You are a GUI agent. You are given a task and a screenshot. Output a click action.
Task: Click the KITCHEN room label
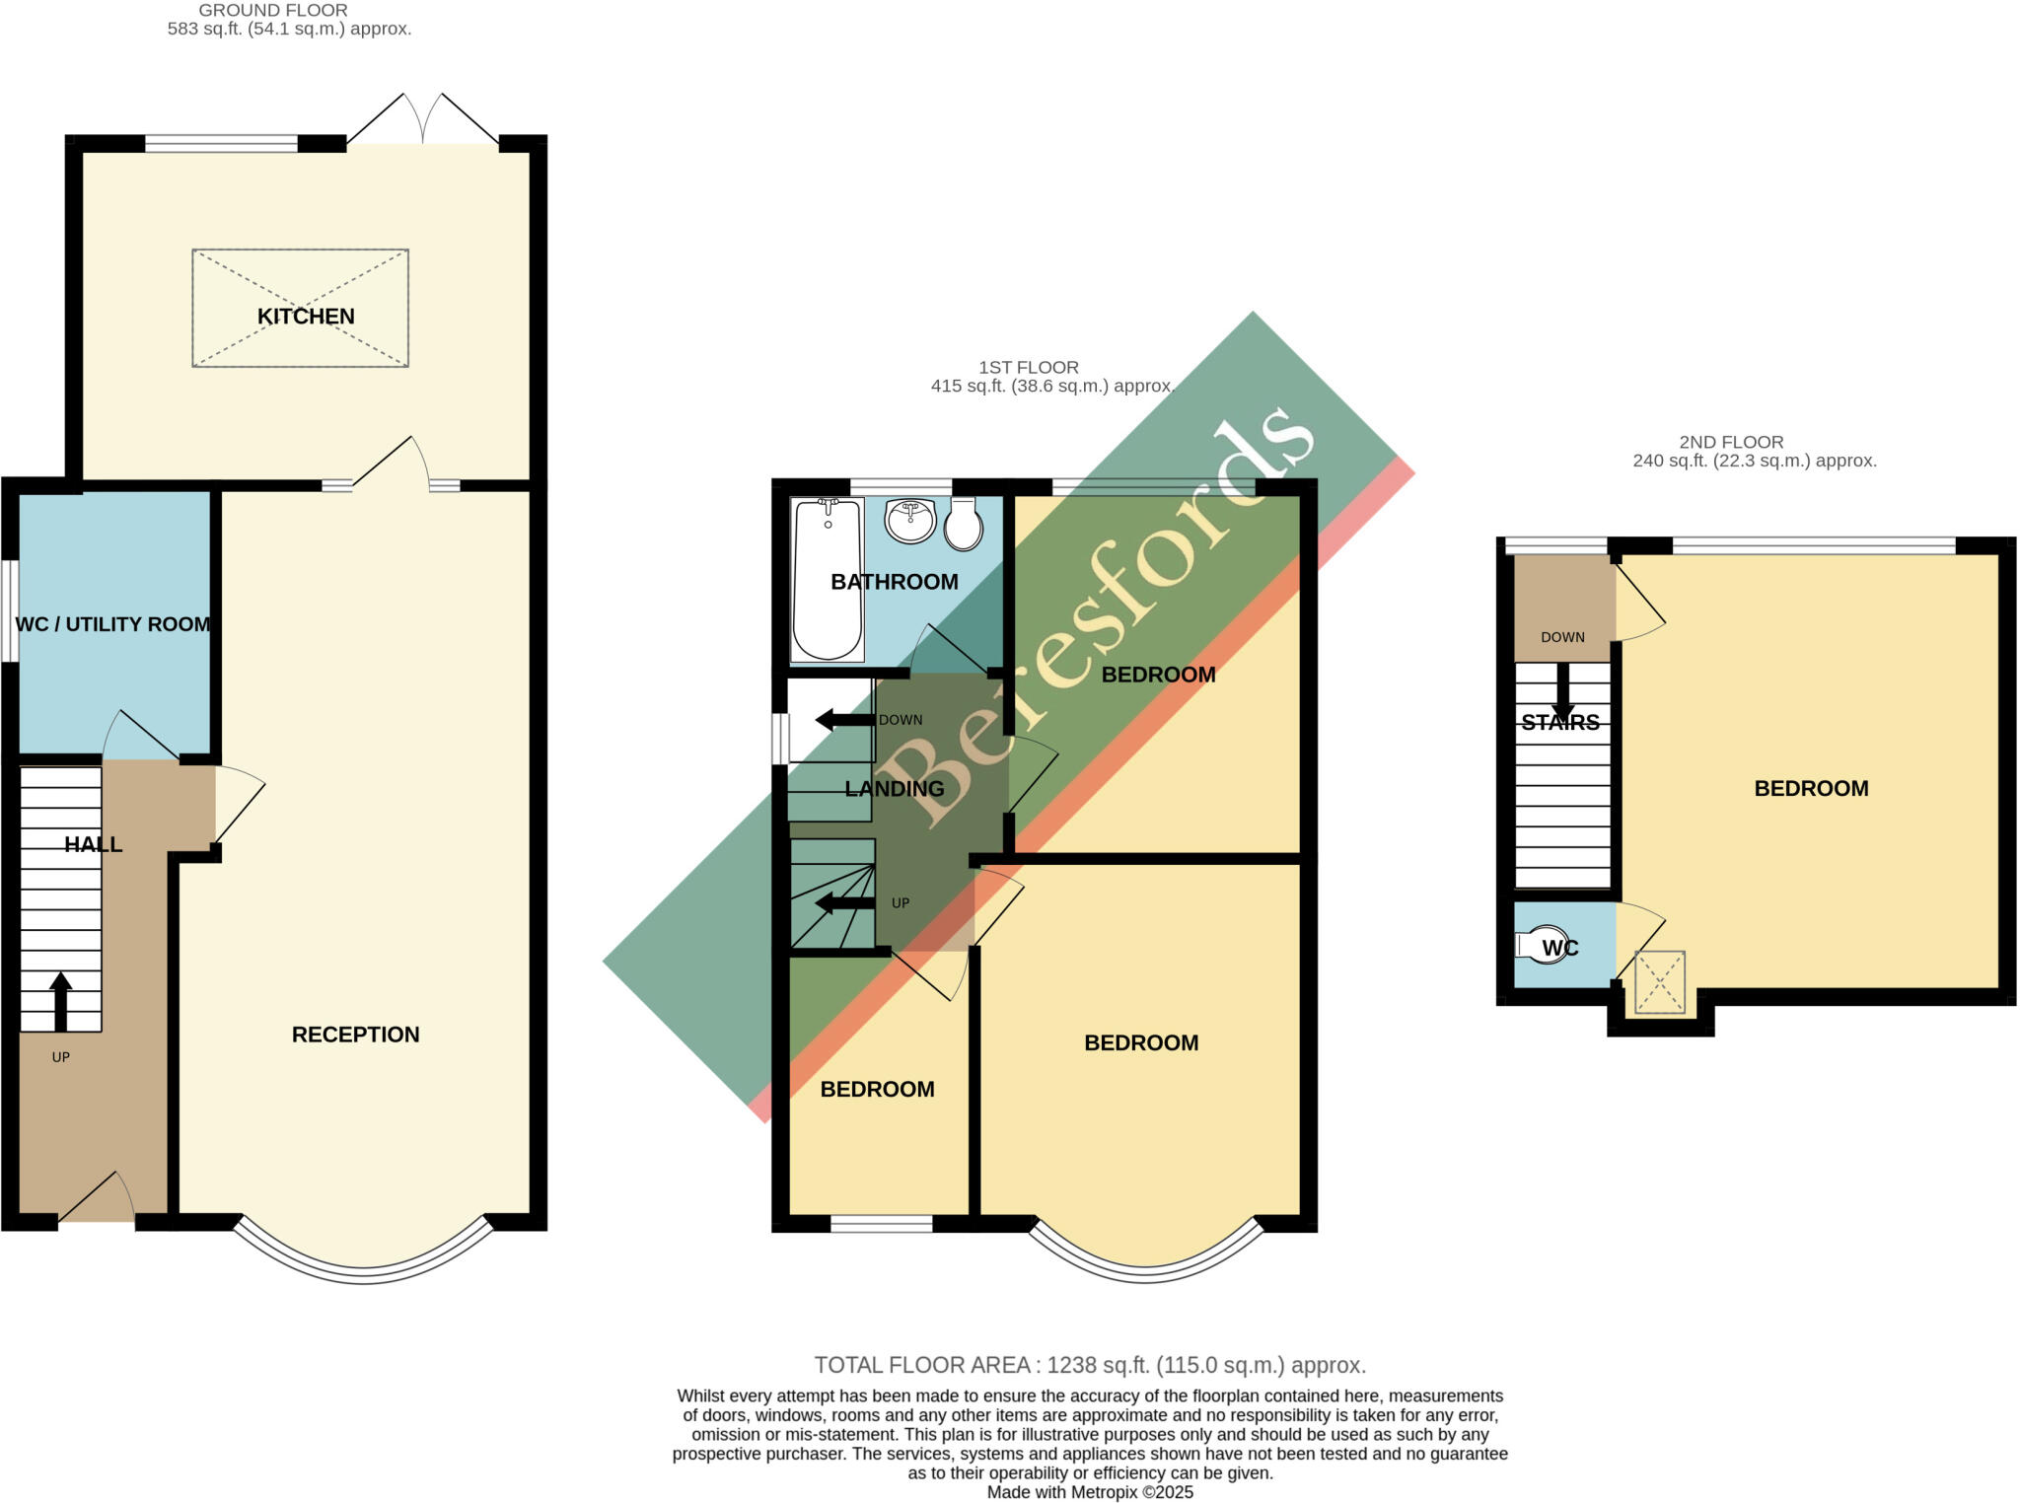[306, 317]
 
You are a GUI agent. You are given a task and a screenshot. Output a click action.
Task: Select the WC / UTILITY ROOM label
[113, 624]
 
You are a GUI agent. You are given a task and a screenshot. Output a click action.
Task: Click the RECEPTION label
[355, 1035]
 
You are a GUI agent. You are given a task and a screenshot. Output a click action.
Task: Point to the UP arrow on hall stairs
[61, 1001]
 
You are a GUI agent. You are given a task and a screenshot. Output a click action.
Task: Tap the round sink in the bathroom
[909, 520]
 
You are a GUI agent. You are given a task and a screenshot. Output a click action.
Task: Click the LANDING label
[895, 789]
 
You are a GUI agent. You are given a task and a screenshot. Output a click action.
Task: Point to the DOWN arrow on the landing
[844, 720]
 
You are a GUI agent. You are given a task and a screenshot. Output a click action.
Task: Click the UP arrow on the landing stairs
[844, 902]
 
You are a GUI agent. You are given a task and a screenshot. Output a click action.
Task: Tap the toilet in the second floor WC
[1541, 945]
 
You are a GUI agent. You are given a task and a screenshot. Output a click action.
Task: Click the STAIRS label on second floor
[1560, 723]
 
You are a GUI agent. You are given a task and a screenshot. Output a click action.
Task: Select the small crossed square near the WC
[1660, 981]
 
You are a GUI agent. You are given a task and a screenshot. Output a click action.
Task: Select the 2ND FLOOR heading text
[1731, 442]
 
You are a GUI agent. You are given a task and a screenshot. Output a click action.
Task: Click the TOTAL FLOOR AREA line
[1089, 1365]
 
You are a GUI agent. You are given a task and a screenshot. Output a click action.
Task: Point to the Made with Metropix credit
[1089, 1492]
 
